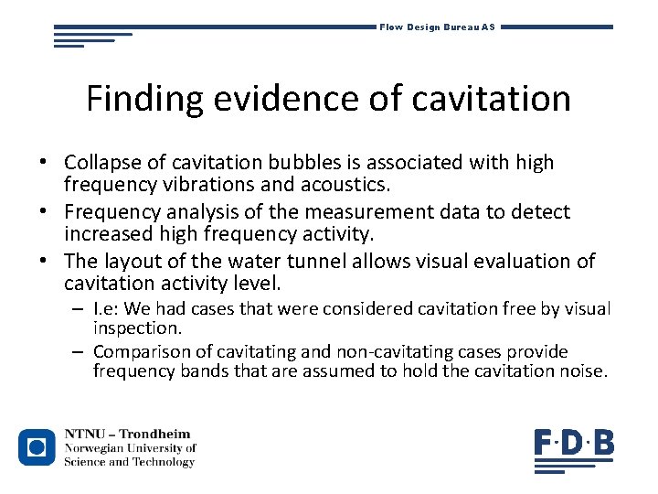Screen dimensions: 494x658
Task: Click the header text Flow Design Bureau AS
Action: pyautogui.click(x=437, y=27)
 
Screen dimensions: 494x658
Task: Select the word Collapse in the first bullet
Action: pyautogui.click(x=101, y=163)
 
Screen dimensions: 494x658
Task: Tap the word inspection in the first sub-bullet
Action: pyautogui.click(x=138, y=328)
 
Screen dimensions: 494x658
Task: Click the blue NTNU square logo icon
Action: pyautogui.click(x=37, y=447)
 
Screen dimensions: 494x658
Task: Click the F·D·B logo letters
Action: pyautogui.click(x=574, y=445)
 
